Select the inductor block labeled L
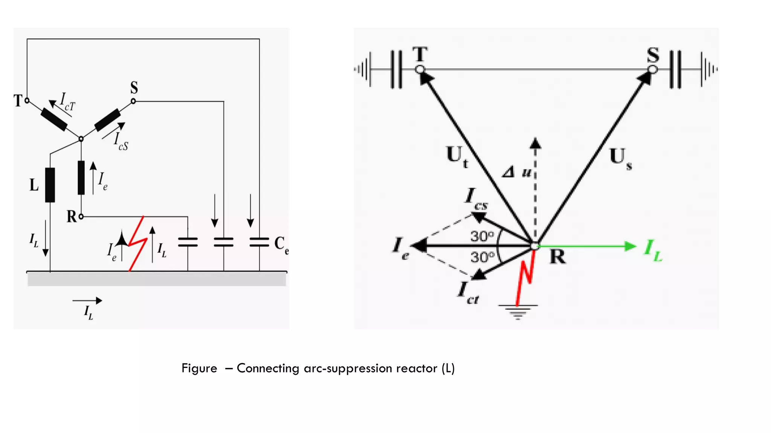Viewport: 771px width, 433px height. (50, 185)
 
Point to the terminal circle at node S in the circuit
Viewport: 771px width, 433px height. (133, 101)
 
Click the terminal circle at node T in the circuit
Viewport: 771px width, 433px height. (27, 101)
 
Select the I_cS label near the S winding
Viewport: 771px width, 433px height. (121, 142)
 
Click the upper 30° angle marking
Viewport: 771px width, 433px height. (482, 236)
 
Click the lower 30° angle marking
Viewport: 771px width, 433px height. (482, 257)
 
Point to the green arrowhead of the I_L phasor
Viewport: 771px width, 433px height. (630, 246)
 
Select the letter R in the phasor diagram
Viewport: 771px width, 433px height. (558, 257)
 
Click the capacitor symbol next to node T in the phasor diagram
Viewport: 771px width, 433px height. (396, 70)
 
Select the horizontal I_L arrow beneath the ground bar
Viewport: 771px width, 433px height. (87, 300)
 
